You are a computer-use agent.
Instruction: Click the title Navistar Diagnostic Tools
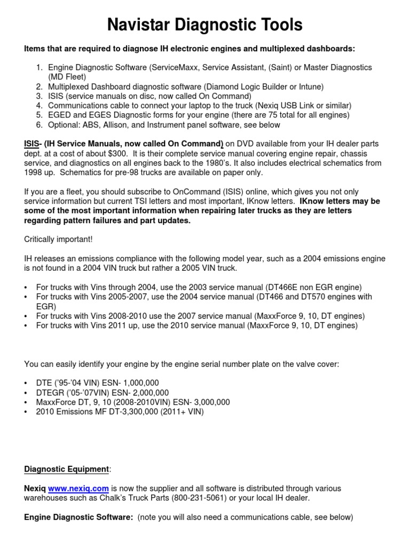coord(205,25)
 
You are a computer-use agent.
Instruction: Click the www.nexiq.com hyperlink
coord(78,488)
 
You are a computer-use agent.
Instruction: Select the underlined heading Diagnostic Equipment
coord(66,469)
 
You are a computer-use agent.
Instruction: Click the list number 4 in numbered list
coord(39,106)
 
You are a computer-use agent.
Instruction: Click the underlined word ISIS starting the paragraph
coord(31,144)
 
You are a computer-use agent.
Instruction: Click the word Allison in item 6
coord(118,125)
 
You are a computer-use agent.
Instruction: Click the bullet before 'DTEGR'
coord(26,392)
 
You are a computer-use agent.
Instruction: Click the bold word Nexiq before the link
coord(35,488)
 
